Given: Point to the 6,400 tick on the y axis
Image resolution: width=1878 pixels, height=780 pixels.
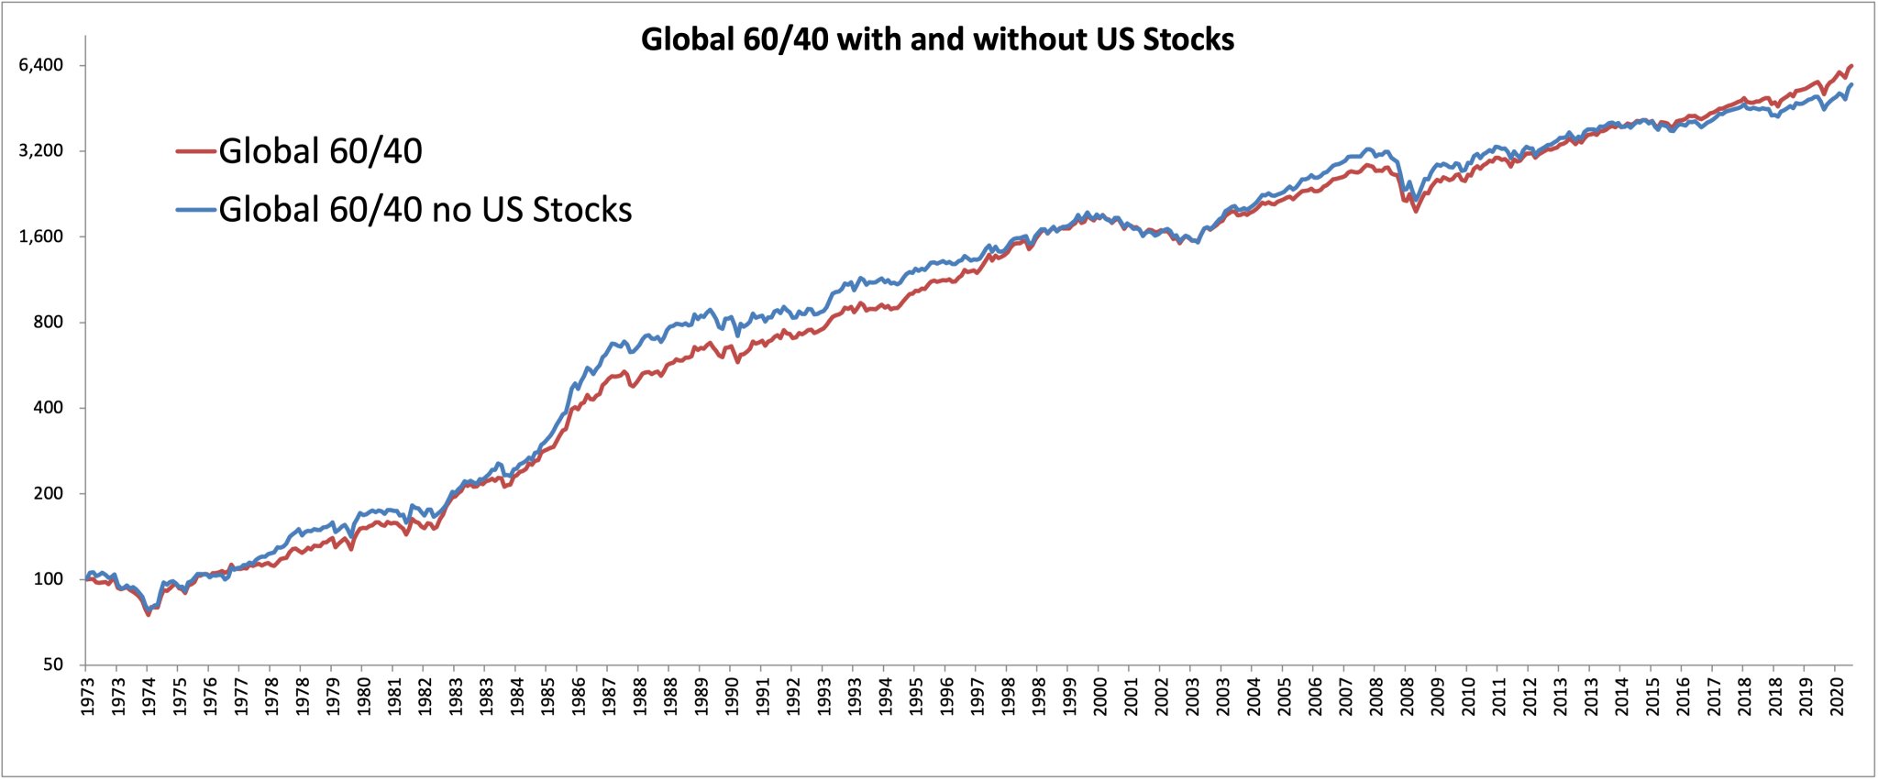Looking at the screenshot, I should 41,65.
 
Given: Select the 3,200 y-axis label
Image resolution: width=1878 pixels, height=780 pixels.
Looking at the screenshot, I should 41,150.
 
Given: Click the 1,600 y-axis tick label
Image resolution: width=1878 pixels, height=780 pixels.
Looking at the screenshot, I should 41,236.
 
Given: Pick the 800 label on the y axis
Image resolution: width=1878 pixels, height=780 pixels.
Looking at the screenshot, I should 48,322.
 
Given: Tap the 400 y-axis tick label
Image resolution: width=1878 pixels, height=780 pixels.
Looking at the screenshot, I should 48,408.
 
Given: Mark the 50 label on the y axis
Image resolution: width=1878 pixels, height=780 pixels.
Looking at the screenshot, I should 52,665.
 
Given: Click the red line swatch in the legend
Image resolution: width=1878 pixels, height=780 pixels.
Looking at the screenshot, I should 195,151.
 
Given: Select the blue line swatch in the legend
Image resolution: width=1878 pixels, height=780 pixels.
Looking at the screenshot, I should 195,210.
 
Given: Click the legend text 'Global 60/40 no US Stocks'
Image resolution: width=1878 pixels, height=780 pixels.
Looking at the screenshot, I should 425,210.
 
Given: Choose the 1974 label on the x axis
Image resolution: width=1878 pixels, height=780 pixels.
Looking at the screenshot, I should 149,696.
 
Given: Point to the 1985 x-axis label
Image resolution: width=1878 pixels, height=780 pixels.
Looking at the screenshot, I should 548,696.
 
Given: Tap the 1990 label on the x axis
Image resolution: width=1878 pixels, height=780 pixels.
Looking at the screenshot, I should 733,696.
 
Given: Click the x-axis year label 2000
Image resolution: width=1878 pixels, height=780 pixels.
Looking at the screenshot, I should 1100,696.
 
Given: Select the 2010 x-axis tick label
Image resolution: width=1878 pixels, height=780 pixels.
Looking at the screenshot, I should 1469,696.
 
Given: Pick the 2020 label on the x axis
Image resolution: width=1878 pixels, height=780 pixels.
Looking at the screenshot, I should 1837,696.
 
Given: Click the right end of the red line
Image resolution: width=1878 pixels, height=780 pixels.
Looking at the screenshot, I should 1852,66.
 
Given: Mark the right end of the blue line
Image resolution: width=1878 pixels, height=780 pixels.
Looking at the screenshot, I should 1852,85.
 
